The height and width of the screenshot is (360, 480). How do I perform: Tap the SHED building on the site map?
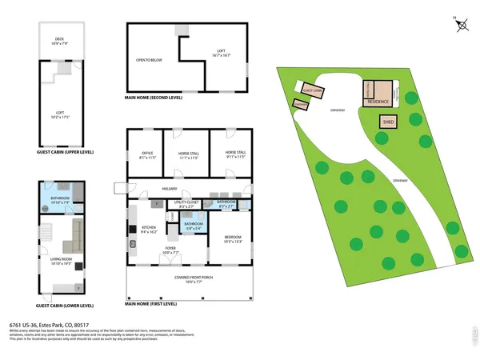click(x=389, y=122)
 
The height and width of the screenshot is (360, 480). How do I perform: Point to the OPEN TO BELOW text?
click(x=150, y=58)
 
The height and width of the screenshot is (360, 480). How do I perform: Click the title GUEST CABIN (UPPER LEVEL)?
click(x=65, y=150)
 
